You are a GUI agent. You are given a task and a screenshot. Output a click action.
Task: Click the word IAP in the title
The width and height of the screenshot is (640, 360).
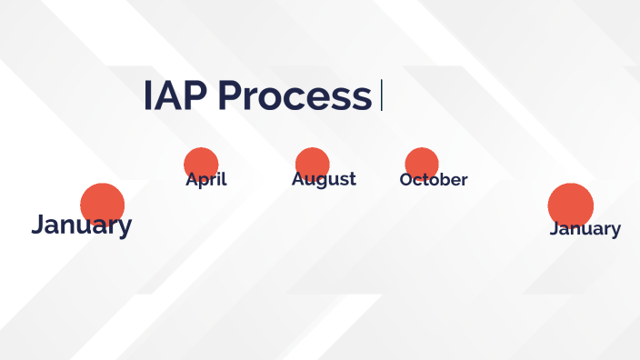[x=175, y=96]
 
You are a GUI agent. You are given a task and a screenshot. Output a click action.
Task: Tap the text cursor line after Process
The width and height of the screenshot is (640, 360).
[x=382, y=95]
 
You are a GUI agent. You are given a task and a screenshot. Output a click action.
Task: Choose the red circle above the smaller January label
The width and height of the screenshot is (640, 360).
[x=571, y=204]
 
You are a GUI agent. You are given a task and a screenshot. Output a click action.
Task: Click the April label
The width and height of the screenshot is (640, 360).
[x=205, y=179]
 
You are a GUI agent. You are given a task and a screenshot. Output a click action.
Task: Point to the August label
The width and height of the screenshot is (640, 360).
[x=324, y=179]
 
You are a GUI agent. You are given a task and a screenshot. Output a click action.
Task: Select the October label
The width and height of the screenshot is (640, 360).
[x=434, y=180]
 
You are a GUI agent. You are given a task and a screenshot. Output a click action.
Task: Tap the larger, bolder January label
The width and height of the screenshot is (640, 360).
[x=81, y=225]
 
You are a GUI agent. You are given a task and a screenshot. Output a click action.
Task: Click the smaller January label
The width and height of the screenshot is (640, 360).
[x=585, y=228]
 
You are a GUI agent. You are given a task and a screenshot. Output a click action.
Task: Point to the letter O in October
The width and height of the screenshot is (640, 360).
[x=406, y=180]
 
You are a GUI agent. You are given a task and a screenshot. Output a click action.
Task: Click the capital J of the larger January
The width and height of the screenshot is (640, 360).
[x=37, y=225]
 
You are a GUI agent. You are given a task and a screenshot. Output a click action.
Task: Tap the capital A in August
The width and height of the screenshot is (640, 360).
[x=297, y=179]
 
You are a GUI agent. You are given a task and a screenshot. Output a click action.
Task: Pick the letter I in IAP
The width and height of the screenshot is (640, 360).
[x=147, y=96]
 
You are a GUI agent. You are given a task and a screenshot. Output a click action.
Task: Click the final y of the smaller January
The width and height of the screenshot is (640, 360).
[x=615, y=230]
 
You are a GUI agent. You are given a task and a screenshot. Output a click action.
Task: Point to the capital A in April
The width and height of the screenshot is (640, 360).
[x=191, y=179]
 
